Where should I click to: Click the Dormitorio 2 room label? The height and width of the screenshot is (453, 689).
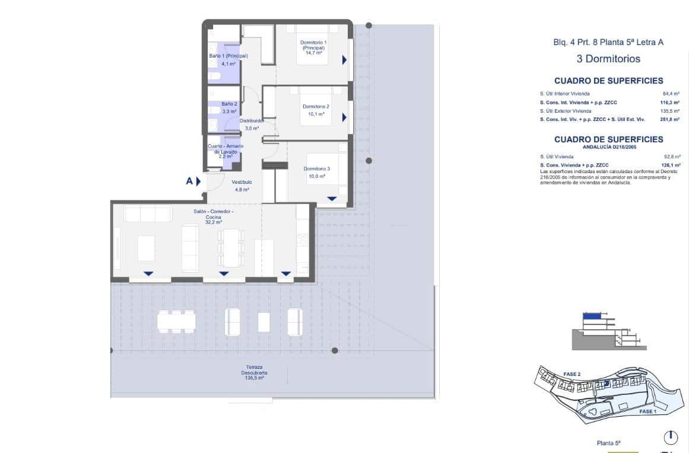(316, 107)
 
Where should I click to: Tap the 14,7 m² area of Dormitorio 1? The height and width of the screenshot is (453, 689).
(313, 53)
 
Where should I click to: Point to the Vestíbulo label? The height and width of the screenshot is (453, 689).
(242, 182)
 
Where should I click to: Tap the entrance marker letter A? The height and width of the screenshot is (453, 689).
(189, 181)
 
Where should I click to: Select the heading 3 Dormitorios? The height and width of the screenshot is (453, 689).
(608, 59)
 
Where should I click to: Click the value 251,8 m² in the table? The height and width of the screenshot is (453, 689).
(671, 119)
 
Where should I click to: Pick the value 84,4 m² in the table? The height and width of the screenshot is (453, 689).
(671, 94)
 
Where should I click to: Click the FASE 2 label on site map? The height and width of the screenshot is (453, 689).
(571, 374)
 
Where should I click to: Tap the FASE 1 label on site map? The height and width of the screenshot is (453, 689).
(647, 411)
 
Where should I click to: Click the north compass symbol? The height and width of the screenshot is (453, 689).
(670, 438)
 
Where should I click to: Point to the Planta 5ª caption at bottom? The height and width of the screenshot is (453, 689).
(608, 443)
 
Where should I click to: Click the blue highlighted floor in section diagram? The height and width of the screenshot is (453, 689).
(591, 317)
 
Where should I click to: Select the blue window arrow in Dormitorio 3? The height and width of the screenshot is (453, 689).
(332, 199)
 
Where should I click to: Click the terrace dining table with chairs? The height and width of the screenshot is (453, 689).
(176, 321)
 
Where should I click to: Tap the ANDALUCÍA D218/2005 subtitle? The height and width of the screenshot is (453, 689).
(608, 146)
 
